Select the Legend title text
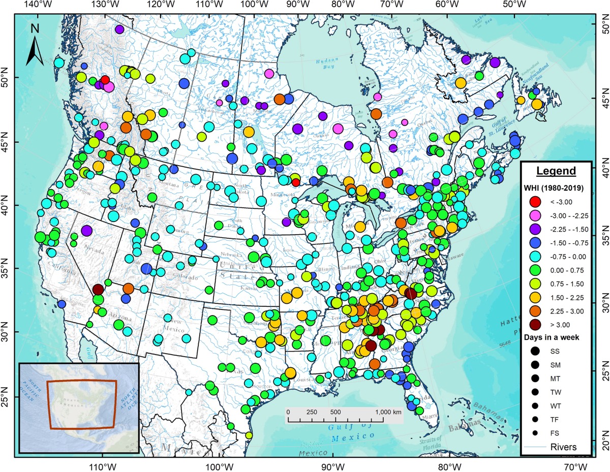[x=556, y=171]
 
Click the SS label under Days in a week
[x=555, y=351]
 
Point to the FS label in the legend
[x=555, y=433]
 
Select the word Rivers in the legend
[x=564, y=447]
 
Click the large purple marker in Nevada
[x=86, y=231]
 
